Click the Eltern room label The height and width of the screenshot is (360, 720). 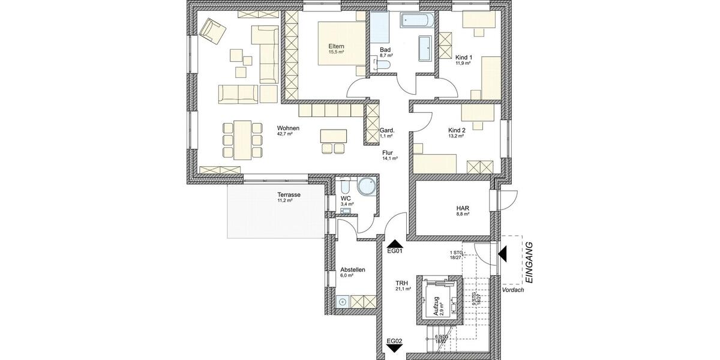336,46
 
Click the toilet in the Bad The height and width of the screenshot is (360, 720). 385,65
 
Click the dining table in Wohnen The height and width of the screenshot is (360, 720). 242,139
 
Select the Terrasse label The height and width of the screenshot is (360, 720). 288,195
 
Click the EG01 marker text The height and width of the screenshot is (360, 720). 394,251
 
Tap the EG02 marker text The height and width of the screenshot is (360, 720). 394,341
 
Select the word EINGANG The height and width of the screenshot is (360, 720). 529,262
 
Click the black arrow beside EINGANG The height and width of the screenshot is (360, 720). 503,256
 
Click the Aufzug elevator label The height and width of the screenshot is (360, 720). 436,305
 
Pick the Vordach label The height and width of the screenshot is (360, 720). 514,290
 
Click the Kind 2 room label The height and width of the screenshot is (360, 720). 456,130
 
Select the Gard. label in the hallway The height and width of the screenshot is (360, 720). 386,130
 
